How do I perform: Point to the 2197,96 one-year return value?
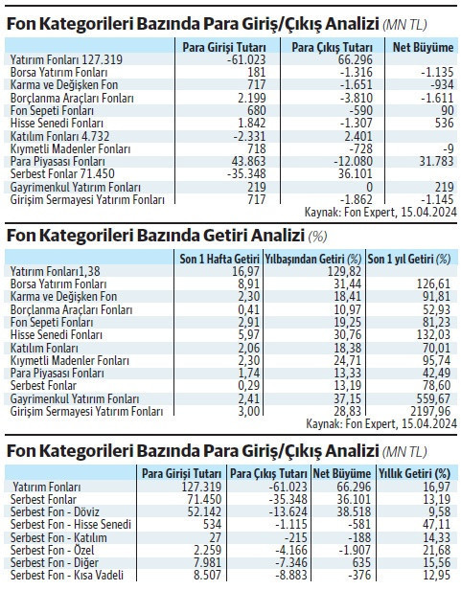[x=434, y=410]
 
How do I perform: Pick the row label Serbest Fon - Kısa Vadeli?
[x=67, y=573]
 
